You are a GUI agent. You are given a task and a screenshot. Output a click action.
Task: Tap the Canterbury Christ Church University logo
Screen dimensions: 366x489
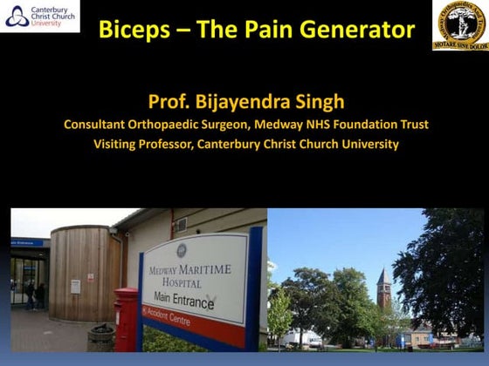[40, 17]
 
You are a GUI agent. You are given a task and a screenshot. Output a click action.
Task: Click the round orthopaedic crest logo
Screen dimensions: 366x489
[460, 24]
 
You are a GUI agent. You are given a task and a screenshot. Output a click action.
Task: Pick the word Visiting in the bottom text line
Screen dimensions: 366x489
[117, 144]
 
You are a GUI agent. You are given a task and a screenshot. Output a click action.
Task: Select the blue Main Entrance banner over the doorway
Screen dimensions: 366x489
[26, 243]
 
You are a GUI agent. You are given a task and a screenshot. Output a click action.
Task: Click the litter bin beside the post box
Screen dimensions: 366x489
[102, 337]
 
